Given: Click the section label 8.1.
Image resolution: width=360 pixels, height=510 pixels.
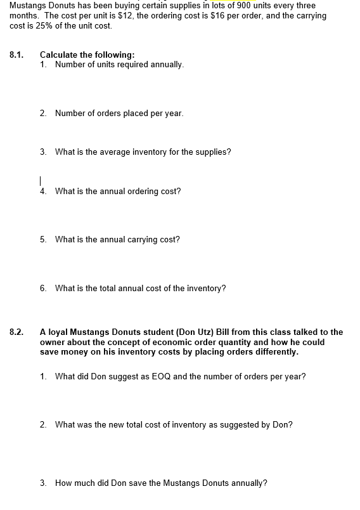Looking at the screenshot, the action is point(16,55).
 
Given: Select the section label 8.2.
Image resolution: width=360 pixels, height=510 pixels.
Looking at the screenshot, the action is point(16,332).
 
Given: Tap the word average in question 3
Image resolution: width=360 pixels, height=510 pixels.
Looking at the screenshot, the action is point(114,152).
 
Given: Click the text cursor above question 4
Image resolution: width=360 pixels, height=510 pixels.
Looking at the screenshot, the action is point(41,180).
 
